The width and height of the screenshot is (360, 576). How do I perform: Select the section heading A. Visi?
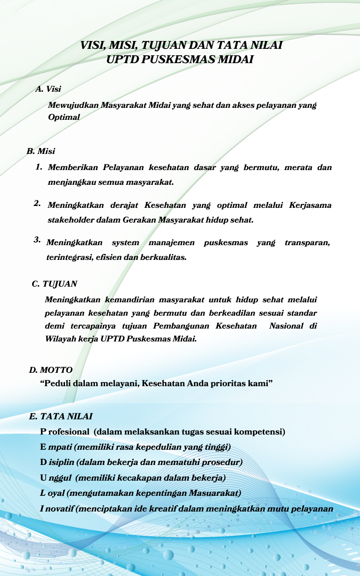tap(48, 88)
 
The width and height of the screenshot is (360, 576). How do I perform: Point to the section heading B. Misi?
tap(41, 151)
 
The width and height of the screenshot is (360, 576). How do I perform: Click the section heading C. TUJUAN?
tap(54, 284)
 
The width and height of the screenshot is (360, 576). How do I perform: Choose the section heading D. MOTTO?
tap(51, 370)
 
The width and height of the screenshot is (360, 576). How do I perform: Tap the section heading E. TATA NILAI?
tap(61, 417)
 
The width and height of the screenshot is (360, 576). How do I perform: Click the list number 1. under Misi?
tap(39, 167)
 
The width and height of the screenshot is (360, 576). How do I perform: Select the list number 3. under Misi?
tap(37, 240)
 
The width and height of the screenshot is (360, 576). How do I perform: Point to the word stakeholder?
tap(71, 220)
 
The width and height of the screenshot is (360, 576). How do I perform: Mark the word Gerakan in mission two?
tap(140, 220)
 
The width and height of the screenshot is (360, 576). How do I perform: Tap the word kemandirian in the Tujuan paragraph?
tap(133, 300)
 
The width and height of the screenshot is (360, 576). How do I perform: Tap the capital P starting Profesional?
tap(43, 432)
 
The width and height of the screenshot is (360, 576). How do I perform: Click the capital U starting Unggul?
tap(43, 478)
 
